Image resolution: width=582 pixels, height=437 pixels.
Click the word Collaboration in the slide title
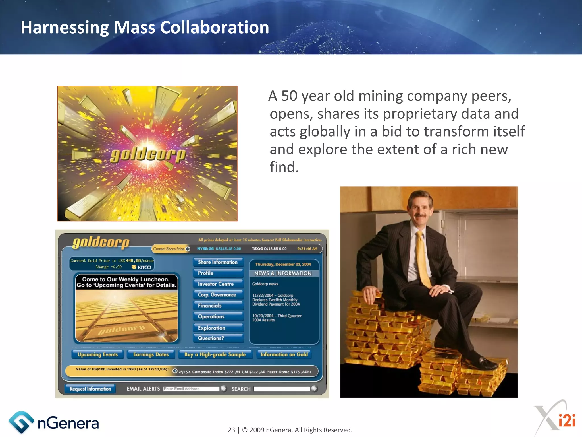pos(214,28)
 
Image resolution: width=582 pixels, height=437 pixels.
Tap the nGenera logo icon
pos(20,422)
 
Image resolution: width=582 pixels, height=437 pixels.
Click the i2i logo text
pos(567,420)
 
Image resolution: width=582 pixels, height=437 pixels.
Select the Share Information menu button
pos(218,262)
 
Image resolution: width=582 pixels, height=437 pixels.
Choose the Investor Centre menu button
pos(218,284)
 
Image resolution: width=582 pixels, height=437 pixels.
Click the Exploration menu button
pos(218,328)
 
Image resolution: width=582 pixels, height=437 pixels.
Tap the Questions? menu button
pos(218,338)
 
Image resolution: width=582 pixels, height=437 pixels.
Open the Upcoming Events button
pos(97,354)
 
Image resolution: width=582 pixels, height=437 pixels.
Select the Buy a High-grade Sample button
pos(215,354)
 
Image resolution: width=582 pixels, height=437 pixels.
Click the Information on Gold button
pos(284,354)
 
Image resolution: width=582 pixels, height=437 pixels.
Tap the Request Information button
pos(90,389)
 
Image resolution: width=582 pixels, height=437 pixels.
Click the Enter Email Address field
pos(191,389)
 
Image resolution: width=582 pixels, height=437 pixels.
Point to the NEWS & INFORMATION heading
pos(283,273)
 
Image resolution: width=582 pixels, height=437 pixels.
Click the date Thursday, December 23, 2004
pos(283,264)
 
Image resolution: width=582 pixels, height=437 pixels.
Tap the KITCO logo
pos(142,267)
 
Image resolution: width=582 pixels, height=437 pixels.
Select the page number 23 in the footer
pos(231,430)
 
